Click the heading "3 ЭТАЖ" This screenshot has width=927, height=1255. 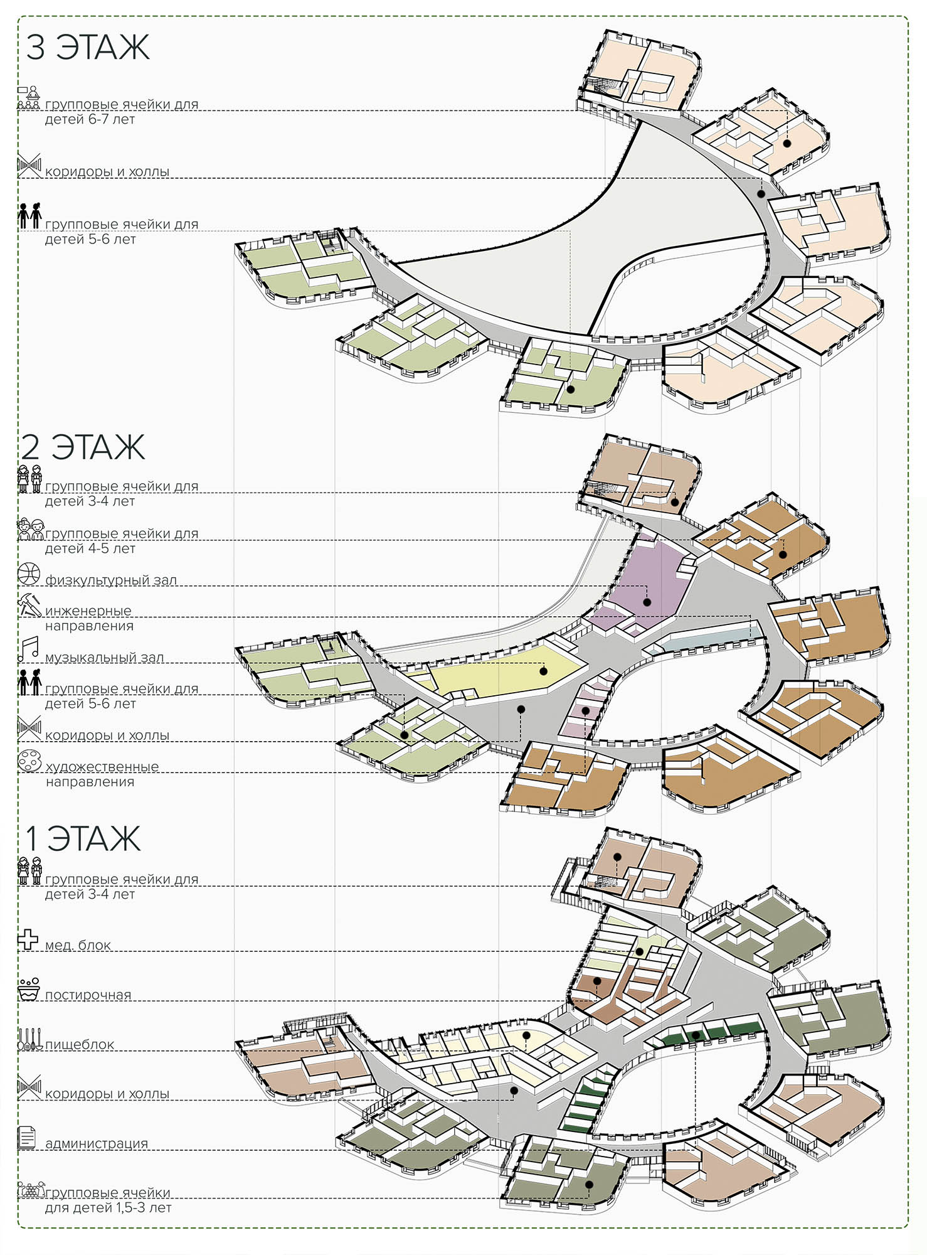[88, 47]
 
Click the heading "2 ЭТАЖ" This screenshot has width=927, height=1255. [83, 447]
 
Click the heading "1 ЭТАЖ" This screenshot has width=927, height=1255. [83, 838]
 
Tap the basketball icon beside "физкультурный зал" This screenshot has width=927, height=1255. [29, 574]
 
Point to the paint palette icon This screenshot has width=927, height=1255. [29, 761]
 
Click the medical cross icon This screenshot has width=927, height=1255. [28, 939]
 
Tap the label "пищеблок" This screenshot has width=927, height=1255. [80, 1045]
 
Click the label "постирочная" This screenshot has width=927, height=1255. [88, 995]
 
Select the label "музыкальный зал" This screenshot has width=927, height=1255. [105, 657]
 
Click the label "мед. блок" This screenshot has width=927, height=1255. [78, 944]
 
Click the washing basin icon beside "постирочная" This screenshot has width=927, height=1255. [29, 988]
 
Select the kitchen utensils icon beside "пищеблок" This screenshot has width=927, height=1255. [29, 1039]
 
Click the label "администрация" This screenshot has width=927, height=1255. [97, 1143]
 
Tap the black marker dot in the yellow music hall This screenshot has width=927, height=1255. [544, 671]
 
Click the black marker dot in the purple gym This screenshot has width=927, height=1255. [647, 602]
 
